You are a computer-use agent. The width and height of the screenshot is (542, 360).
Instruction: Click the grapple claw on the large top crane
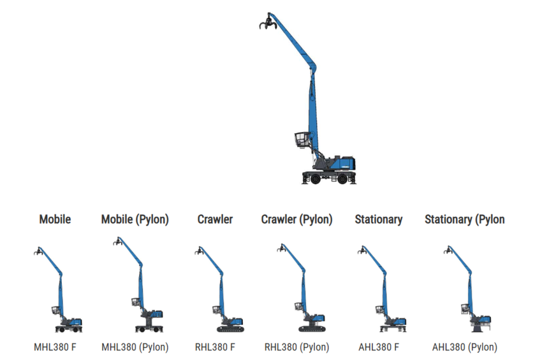pos(266,24)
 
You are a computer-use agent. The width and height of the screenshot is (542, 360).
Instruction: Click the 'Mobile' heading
pos(55,219)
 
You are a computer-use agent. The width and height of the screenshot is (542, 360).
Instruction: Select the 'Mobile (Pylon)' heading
pos(135,219)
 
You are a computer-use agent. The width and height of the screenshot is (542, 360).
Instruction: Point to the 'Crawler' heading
pos(215,219)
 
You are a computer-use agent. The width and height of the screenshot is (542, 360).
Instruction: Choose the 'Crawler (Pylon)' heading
pos(297,219)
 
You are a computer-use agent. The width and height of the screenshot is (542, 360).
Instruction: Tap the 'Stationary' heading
pos(379,219)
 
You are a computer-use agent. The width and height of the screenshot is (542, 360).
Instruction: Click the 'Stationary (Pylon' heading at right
pos(464,219)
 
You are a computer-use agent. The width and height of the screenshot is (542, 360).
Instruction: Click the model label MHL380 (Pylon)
pos(135,347)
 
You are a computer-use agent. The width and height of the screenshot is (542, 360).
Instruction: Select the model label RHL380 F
pos(215,347)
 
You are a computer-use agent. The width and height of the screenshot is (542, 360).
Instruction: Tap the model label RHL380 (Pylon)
pos(297,347)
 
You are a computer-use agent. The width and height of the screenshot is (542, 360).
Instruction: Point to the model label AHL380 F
pos(379,347)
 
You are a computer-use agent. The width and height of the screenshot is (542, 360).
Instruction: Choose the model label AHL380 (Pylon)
pos(464,347)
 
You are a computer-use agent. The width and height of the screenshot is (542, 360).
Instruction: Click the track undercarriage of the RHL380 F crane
pos(230,329)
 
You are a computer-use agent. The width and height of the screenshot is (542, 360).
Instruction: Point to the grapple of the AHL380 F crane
pos(362,250)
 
